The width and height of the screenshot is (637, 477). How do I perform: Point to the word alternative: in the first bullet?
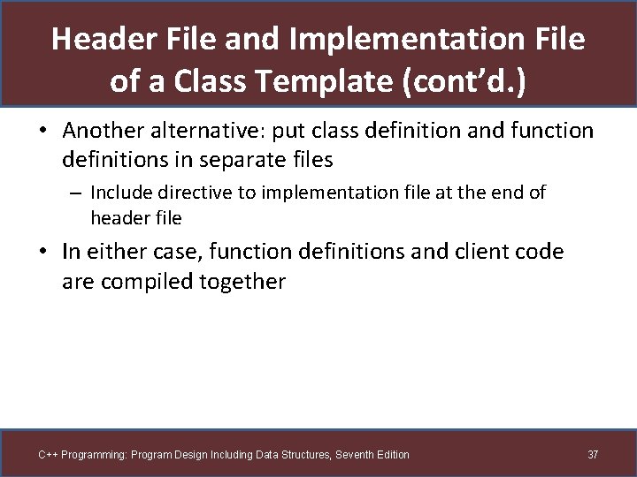click(211, 131)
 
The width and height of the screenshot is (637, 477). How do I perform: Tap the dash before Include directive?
click(77, 192)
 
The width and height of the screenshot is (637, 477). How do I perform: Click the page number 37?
click(593, 455)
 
